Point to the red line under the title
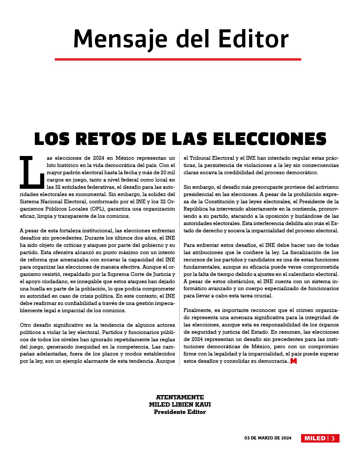[x=178, y=59]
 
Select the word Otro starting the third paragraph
[x=25, y=325]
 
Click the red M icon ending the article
[x=294, y=361]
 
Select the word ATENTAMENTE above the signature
[x=180, y=397]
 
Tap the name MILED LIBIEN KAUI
[x=180, y=405]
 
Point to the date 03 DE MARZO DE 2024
[x=268, y=438]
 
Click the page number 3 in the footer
[x=333, y=438]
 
